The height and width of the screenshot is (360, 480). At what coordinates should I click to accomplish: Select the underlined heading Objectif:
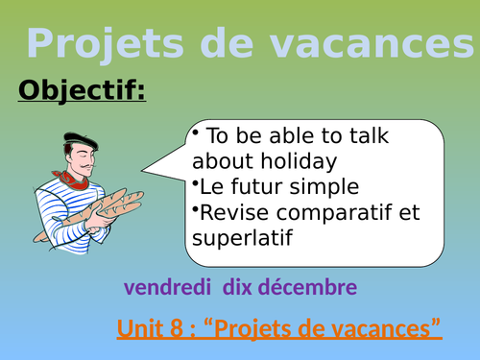pos(82,91)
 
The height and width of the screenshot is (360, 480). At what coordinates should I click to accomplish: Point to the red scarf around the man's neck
pos(68,178)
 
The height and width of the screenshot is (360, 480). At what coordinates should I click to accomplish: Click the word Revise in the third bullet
pos(231,212)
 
